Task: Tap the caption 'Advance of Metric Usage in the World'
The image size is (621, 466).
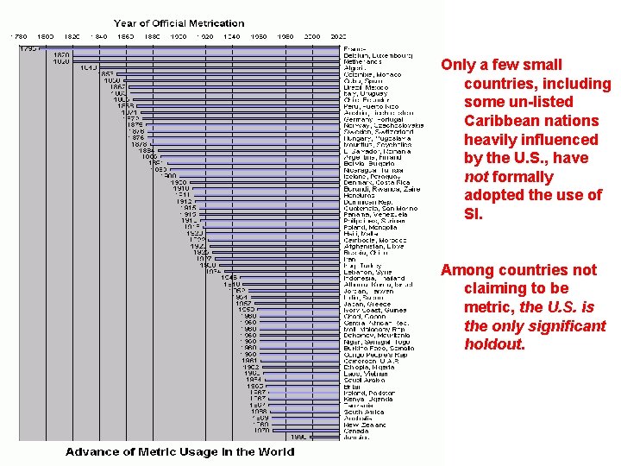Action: pyautogui.click(x=180, y=452)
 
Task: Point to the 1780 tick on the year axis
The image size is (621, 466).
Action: pyautogui.click(x=18, y=37)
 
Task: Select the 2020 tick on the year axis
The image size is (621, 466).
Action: pyautogui.click(x=337, y=37)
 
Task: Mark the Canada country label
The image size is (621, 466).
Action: pyautogui.click(x=358, y=431)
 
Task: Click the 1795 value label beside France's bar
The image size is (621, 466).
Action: pyautogui.click(x=28, y=48)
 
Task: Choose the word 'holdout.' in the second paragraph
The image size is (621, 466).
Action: pyautogui.click(x=494, y=345)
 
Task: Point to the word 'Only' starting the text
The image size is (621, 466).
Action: pyautogui.click(x=457, y=65)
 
